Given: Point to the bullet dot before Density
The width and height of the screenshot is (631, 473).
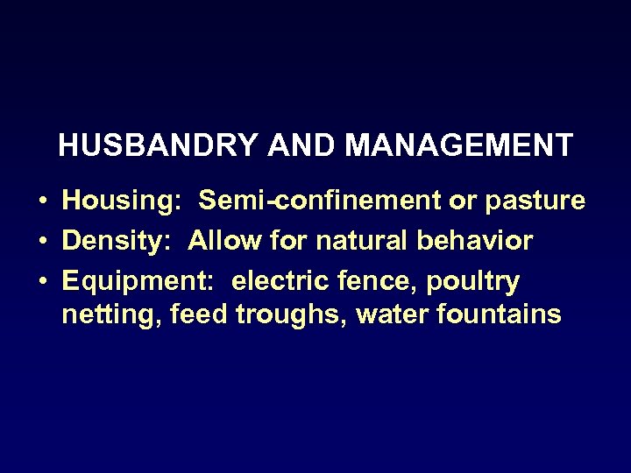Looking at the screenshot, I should pos(43,241).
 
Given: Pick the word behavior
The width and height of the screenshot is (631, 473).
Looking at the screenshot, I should pos(476,240).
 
